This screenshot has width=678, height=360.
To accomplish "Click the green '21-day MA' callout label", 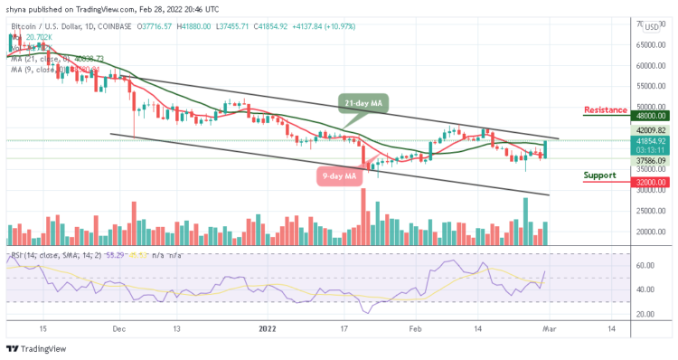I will coord(364,103).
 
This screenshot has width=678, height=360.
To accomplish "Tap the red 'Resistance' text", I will coord(606,109).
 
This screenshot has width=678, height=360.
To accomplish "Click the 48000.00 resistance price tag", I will coord(649,116).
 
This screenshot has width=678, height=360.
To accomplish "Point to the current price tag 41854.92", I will coord(649,141).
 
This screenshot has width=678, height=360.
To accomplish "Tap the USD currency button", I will coord(651,27).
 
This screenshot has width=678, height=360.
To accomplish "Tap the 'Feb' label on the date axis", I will coord(416,330).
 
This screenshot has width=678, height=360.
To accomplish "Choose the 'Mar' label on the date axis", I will coord(551,330).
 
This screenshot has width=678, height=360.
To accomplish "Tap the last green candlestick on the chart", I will coord(545,149).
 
